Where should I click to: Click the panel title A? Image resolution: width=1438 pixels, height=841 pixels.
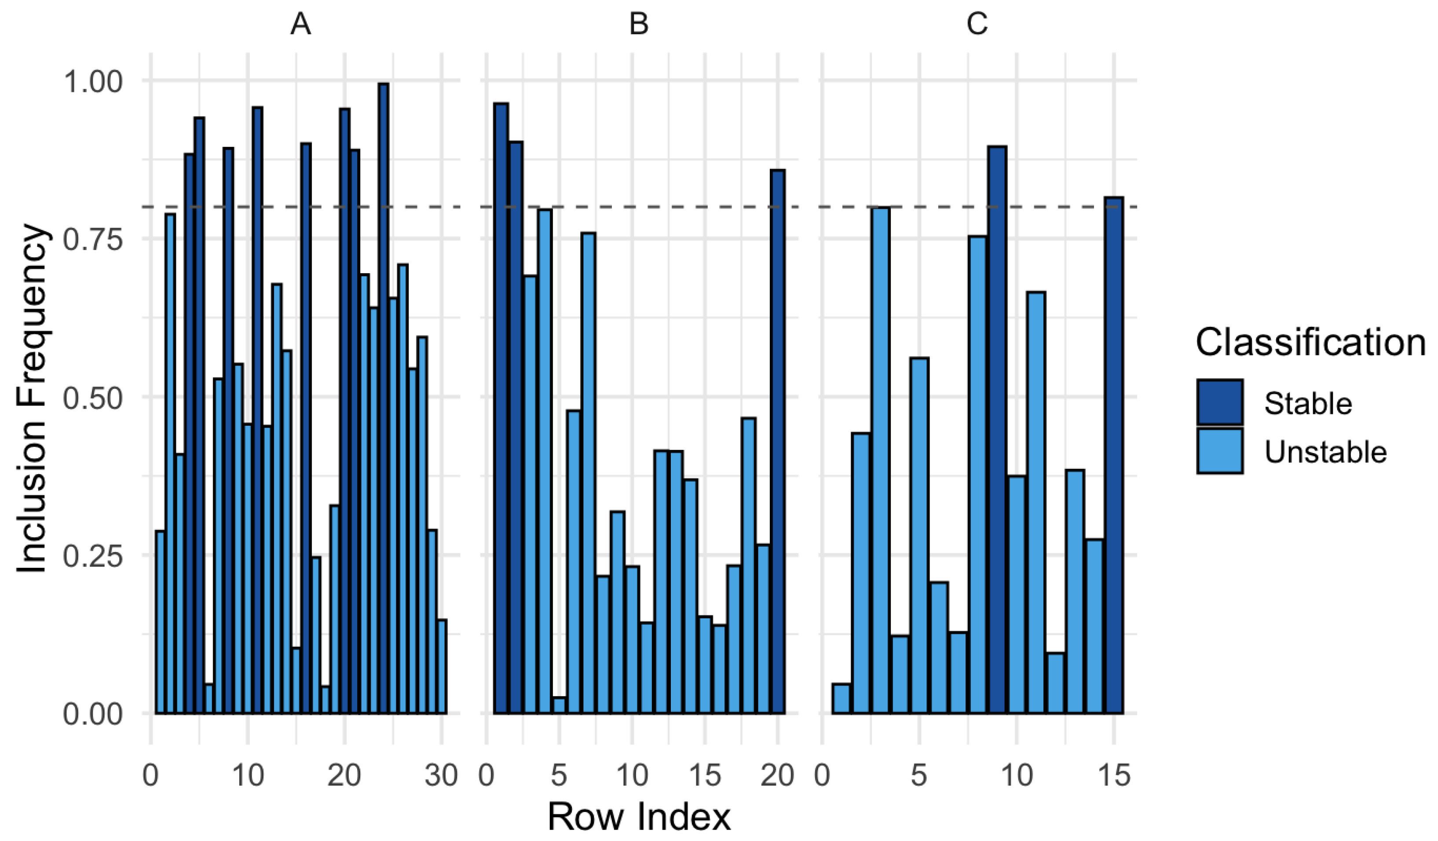click(301, 25)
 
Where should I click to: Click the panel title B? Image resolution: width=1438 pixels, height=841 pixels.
click(639, 25)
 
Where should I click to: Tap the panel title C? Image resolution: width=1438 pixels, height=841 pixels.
click(977, 25)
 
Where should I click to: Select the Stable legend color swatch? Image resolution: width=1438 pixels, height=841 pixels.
click(1220, 402)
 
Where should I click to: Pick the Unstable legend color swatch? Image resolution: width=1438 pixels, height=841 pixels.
click(1220, 451)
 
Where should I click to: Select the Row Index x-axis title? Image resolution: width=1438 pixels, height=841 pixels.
click(639, 816)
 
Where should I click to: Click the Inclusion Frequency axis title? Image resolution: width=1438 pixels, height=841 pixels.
click(31, 398)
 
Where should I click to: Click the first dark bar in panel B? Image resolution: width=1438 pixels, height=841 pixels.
click(501, 408)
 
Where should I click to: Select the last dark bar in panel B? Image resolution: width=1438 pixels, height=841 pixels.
click(777, 441)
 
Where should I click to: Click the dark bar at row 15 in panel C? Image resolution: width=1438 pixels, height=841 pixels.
click(1113, 455)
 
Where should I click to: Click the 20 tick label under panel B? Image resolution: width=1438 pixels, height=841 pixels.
click(777, 775)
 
